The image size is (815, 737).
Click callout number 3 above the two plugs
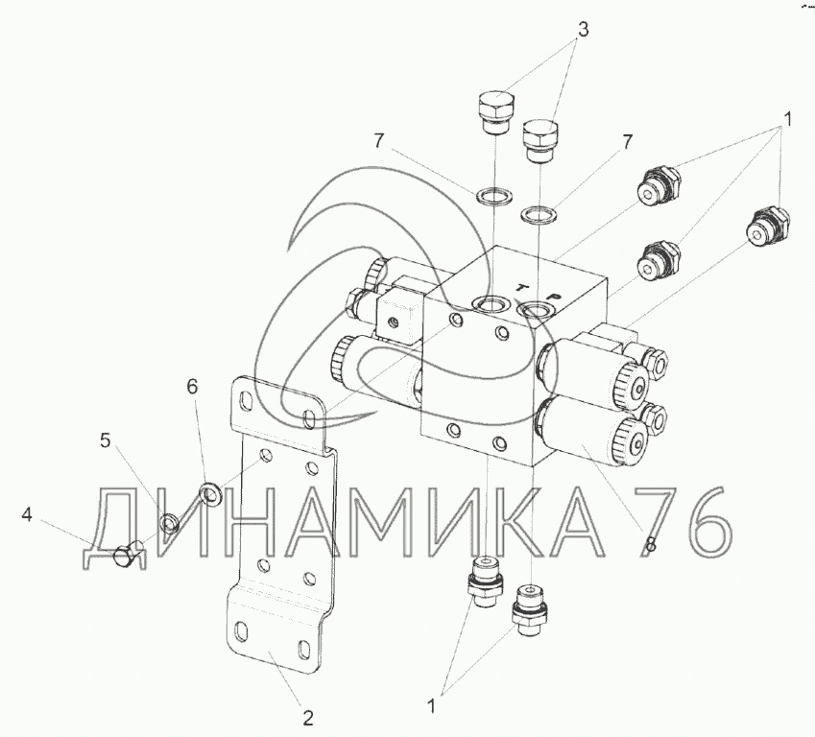click(584, 30)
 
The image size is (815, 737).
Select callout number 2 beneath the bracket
click(308, 719)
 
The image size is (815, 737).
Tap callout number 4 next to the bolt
click(27, 515)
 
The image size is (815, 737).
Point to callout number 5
click(106, 440)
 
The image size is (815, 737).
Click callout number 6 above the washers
click(192, 386)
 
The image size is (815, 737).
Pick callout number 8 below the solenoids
click(650, 544)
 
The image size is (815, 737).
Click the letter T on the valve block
click(521, 287)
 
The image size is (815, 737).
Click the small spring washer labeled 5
click(170, 524)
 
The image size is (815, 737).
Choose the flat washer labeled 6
click(210, 492)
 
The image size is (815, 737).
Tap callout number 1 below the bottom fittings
click(431, 706)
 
